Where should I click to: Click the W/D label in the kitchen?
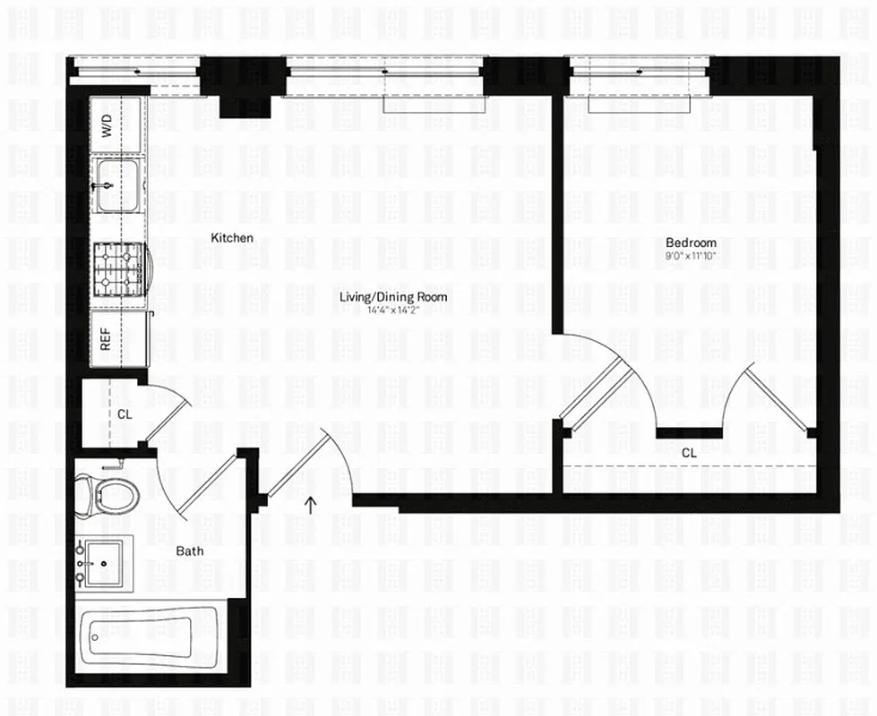point(107,126)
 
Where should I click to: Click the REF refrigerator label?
point(107,339)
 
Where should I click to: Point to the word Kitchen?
point(232,238)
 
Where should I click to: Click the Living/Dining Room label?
point(393,297)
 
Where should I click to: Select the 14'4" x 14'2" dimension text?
point(393,311)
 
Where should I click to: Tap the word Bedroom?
point(691,243)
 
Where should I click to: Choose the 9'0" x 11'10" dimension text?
point(691,256)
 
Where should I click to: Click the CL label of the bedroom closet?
point(689,453)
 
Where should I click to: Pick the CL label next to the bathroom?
point(124,414)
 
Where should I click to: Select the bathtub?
point(148,636)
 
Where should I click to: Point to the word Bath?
point(189,551)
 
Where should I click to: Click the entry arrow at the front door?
point(311,504)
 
